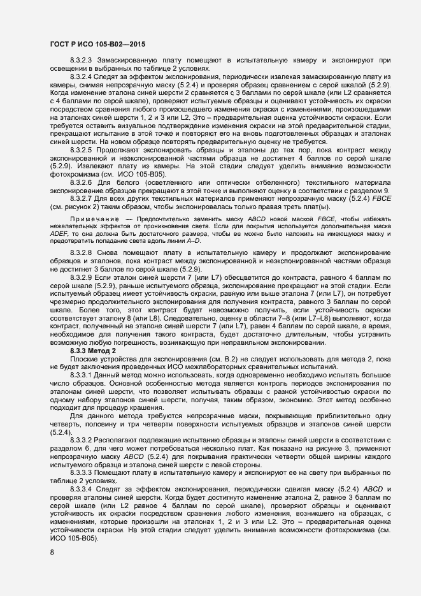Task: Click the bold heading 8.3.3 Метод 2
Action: [x=93, y=351]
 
